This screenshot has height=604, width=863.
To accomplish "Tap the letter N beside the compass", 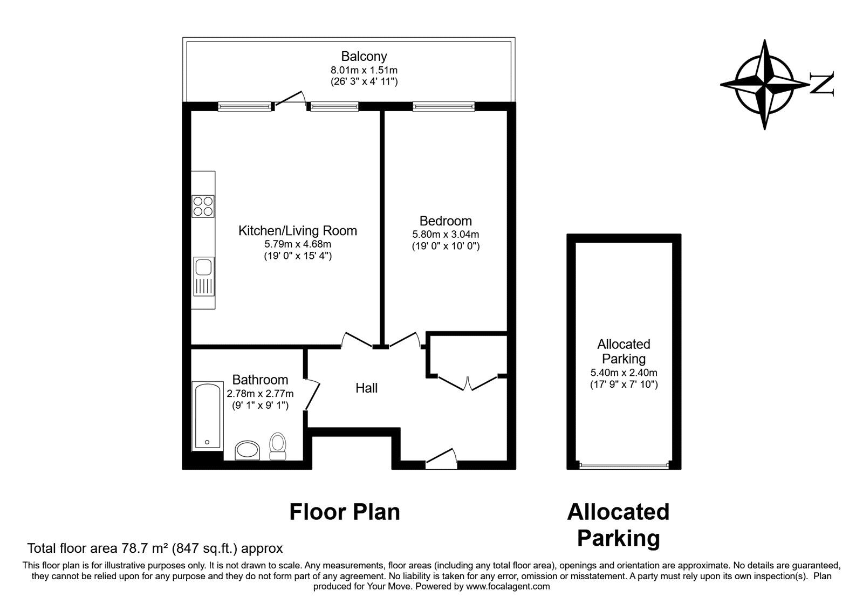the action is [822, 84].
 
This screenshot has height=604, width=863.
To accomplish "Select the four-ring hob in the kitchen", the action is [203, 207].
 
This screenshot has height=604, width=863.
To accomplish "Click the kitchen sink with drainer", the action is [203, 276].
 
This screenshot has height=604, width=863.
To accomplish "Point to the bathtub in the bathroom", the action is [208, 416].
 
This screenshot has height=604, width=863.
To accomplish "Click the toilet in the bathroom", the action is [278, 447].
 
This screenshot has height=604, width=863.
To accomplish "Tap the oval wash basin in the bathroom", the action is [248, 450].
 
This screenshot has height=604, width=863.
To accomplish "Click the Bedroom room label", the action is [446, 221].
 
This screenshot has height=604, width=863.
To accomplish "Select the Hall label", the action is [366, 388].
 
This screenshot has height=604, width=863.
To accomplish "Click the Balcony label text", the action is [364, 56].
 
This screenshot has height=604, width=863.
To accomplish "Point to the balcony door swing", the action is [291, 98].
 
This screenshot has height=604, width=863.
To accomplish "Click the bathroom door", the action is [312, 395].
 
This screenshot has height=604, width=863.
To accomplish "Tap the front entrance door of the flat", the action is [442, 458].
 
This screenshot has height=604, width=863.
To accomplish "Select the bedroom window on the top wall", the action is [443, 106].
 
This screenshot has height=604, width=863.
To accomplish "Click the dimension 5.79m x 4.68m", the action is [298, 244].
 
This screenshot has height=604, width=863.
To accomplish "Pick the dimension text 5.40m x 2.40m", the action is [624, 373].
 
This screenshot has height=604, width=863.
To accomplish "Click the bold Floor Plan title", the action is [345, 512].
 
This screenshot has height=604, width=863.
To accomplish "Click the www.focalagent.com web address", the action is [508, 586].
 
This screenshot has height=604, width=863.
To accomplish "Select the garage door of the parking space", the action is [624, 466].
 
